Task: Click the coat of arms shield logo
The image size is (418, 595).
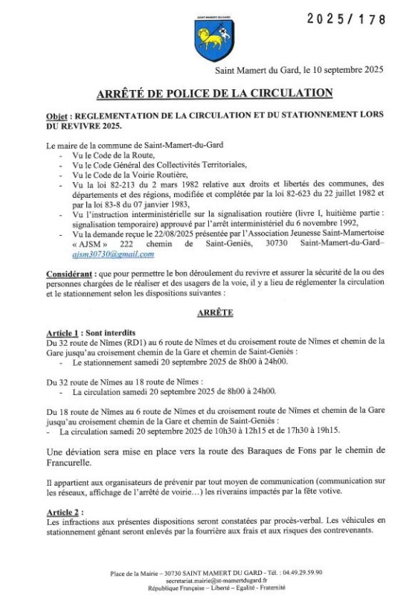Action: click(208, 38)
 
